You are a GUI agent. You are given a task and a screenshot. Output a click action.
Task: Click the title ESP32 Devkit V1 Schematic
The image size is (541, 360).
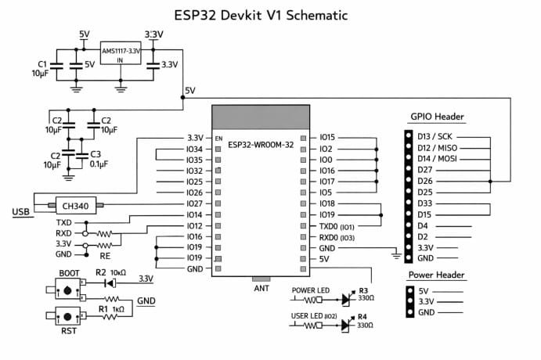coord(270,15)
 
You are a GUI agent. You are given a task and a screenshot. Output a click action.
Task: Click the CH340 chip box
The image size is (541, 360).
coord(75,206)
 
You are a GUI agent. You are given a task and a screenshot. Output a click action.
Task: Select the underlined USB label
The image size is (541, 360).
coord(21,212)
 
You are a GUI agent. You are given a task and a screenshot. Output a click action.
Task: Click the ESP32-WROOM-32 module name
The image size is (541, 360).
coord(261,145)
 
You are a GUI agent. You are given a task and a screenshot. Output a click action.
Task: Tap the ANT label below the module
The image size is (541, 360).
coord(261,286)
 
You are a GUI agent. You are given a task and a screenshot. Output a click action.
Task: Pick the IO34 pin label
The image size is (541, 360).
coord(193,148)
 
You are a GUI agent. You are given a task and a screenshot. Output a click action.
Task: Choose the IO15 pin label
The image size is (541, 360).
coord(327,137)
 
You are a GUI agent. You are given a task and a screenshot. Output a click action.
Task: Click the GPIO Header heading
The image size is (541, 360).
coord(437,117)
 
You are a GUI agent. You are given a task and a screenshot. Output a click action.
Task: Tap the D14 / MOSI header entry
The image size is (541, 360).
coord(438,158)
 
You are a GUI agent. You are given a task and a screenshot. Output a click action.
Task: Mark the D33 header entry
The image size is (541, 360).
coord(425,203)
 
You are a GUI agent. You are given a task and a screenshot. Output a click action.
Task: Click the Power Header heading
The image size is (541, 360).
coord(437,275)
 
